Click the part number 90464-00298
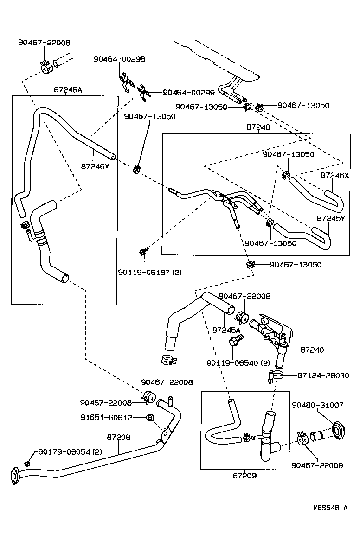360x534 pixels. (119, 59)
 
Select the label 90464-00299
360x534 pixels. (189, 93)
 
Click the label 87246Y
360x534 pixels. (95, 165)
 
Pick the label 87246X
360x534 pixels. (334, 176)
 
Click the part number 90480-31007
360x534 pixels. (317, 405)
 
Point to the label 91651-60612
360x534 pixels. (106, 417)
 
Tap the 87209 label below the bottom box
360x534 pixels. (244, 475)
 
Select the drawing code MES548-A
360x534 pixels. (330, 508)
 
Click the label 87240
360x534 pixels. (312, 350)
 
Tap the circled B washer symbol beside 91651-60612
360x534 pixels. (150, 417)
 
